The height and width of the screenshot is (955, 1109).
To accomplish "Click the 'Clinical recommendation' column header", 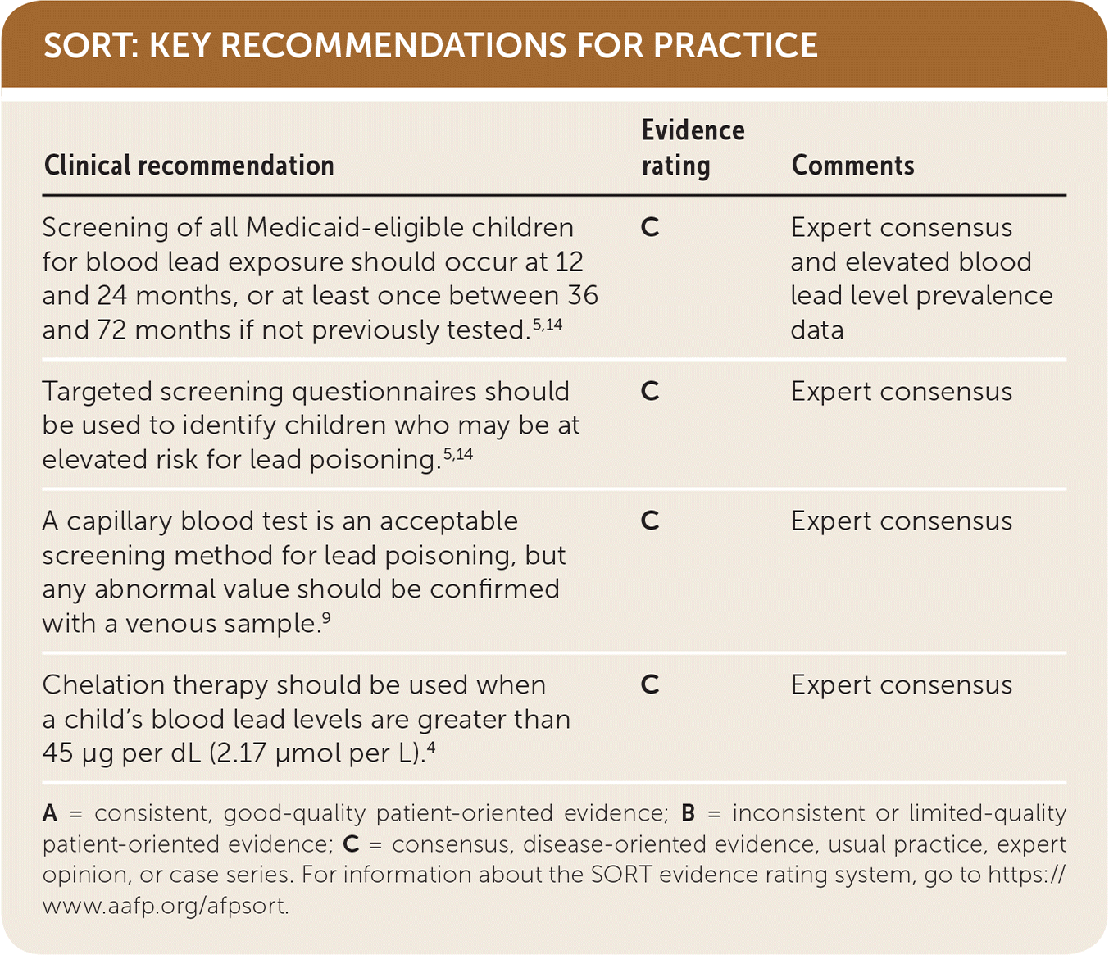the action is [x=189, y=165].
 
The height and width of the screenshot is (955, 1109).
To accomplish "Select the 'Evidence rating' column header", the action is [x=693, y=148].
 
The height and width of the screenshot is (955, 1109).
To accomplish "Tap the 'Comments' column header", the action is [x=853, y=165].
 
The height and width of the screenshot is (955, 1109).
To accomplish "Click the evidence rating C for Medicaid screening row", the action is [x=650, y=228].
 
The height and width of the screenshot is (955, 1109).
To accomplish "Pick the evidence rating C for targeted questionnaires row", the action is [x=650, y=391].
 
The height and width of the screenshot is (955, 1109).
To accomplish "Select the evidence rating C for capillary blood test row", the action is [x=650, y=521].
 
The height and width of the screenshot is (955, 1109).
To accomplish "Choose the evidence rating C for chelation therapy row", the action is [x=650, y=684].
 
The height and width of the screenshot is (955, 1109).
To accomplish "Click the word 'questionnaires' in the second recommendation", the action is [x=384, y=392].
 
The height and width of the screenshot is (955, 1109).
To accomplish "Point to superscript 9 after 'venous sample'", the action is [x=326, y=617].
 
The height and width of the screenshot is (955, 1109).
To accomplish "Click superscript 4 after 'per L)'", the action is [x=430, y=747].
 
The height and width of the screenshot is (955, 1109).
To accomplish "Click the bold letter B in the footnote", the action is [x=688, y=813].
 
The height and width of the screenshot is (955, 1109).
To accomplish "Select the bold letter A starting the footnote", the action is [x=50, y=813].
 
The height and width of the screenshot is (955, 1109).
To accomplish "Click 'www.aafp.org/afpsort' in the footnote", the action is [x=166, y=906].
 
